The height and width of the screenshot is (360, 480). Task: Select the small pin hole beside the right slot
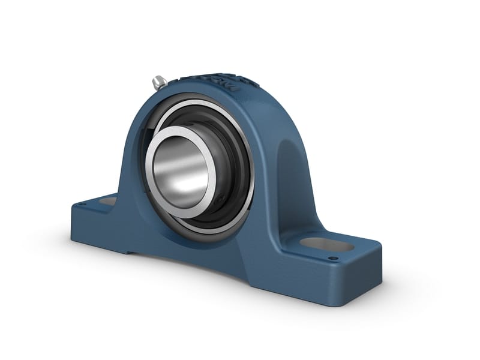pos(331,259)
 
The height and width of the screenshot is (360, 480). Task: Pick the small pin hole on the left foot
pos(83,205)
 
